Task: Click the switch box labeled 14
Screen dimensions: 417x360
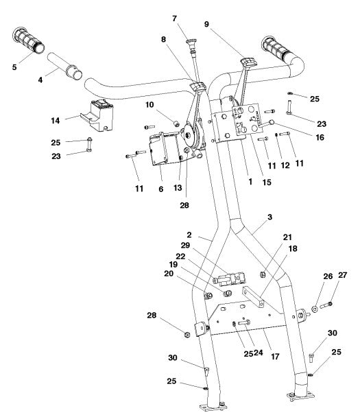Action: point(97,115)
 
